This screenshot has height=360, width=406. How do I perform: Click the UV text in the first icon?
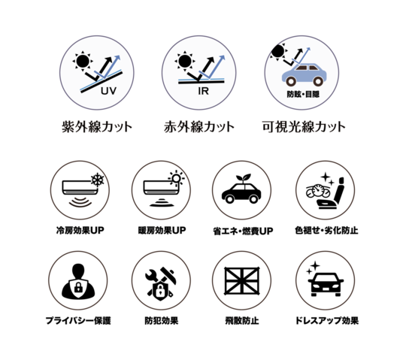click(x=108, y=91)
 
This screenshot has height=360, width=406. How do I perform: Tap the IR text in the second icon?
click(x=204, y=91)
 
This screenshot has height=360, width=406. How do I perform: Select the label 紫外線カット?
click(x=97, y=127)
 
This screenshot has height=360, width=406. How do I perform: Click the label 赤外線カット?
click(x=199, y=127)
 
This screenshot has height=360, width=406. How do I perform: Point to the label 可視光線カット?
click(x=304, y=127)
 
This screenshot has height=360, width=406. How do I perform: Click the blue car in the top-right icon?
click(x=304, y=74)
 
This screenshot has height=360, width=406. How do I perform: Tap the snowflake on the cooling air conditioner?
click(x=98, y=180)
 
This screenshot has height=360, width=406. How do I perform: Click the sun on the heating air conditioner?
click(x=177, y=178)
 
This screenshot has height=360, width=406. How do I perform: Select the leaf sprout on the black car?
click(x=244, y=178)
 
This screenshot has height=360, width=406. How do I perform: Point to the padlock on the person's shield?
click(x=78, y=287)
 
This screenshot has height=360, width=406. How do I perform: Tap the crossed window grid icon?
click(x=242, y=281)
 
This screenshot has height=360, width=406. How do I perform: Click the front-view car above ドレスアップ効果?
click(x=326, y=284)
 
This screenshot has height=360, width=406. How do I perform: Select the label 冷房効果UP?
click(x=80, y=230)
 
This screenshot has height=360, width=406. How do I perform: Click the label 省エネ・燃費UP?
click(x=243, y=231)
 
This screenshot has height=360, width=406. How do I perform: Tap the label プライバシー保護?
click(x=78, y=321)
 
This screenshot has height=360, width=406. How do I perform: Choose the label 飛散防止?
click(x=242, y=321)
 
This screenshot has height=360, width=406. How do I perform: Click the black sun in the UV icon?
click(x=83, y=62)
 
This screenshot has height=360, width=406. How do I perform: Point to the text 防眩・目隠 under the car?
click(x=303, y=94)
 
